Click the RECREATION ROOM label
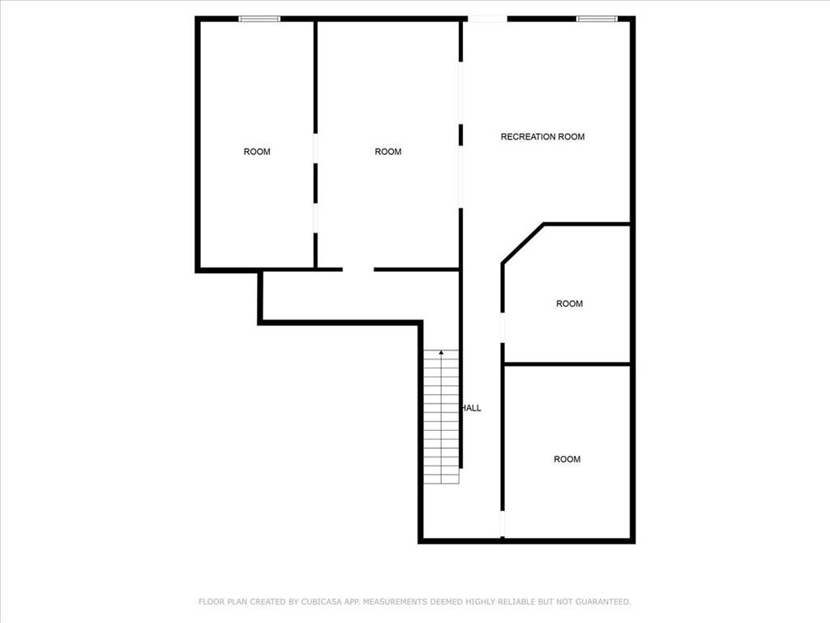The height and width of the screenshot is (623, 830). pos(542,136)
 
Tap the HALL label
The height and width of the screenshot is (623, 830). pos(472,408)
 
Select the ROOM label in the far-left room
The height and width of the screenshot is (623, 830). pos(257,152)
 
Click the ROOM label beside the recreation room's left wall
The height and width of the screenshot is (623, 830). pos(388,152)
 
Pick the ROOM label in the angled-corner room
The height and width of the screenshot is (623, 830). pos(570,303)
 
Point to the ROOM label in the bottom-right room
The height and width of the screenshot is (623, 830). pos(567,459)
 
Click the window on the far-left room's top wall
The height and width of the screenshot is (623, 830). pos(259,19)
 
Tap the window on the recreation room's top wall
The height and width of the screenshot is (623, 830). pos(597,19)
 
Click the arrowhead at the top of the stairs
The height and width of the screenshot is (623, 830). pos(442,352)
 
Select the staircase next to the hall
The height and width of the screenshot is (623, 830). pos(442,417)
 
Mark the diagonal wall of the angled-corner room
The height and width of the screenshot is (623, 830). pos(523,243)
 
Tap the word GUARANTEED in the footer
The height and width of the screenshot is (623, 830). pos(603,602)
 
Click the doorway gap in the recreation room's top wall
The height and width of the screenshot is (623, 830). pos(487,19)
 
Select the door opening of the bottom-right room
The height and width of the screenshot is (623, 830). pos(503,524)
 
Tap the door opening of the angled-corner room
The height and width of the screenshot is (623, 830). pos(503,328)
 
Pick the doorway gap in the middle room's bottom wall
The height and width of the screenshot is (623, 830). pos(358,269)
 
